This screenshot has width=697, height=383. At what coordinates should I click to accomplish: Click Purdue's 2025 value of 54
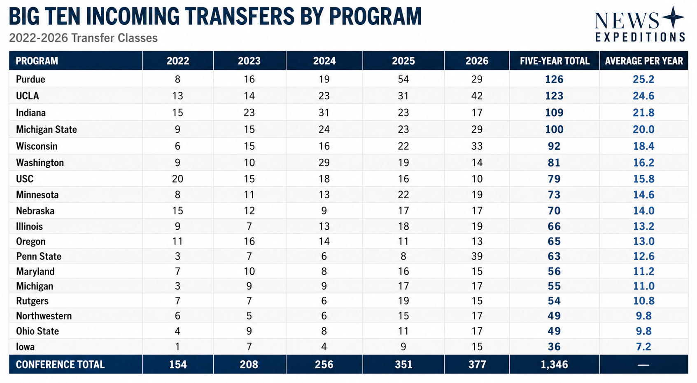403,79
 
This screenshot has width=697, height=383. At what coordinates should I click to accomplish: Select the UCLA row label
28,96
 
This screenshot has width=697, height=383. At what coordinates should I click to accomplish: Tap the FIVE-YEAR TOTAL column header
555,61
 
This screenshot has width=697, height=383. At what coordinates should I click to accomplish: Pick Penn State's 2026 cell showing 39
477,256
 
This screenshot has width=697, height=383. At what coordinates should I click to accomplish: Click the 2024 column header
324,61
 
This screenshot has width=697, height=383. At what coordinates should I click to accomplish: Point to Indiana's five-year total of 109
554,113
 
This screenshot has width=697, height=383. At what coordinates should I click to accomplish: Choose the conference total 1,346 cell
554,364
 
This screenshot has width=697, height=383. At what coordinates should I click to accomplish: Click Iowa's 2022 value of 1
178,347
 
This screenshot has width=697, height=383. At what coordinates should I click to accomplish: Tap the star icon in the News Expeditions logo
673,17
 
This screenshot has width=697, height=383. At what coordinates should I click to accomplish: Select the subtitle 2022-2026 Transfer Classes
84,38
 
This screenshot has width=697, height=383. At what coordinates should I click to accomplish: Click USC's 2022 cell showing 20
178,179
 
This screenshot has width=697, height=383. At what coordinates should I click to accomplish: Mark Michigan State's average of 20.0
643,129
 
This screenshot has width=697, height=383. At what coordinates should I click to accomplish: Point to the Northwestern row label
44,316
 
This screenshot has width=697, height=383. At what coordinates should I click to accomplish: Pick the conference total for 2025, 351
403,364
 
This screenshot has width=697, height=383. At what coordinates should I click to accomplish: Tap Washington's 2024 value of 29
324,163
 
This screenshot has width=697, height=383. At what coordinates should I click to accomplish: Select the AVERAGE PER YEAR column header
644,61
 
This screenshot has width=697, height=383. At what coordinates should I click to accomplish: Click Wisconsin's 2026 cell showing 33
477,146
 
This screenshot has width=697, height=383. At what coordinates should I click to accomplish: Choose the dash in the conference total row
643,364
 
